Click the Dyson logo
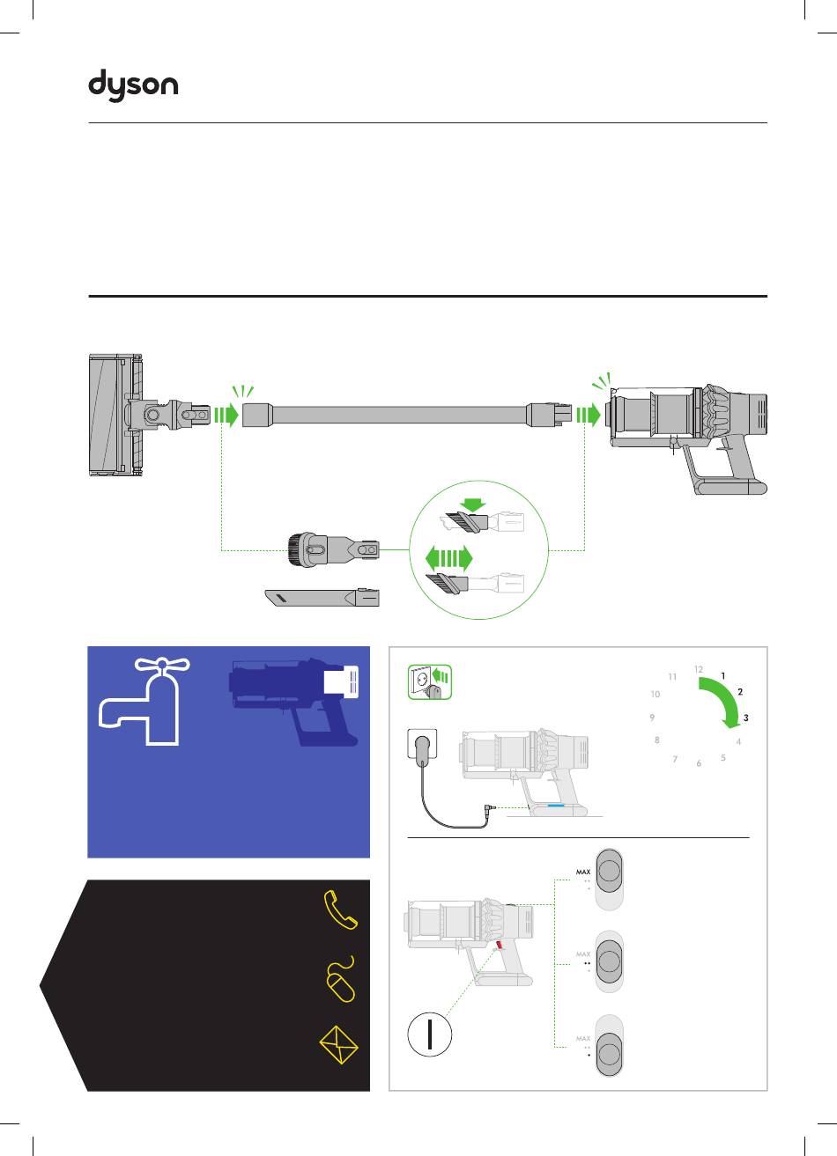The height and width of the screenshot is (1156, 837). pos(133,87)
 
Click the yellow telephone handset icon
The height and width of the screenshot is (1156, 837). pos(341,909)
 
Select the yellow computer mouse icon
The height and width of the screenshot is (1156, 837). pos(340,979)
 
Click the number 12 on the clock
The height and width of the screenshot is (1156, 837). pos(699,670)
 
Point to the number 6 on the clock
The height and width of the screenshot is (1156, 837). pos(699,763)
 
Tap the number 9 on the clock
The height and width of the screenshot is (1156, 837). pos(652,718)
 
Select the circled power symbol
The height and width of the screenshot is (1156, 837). pos(430,1035)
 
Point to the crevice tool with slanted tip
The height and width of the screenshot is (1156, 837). pos(322,599)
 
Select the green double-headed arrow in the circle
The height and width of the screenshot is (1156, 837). pos(448,558)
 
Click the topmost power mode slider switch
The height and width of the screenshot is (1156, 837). pos(609,880)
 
